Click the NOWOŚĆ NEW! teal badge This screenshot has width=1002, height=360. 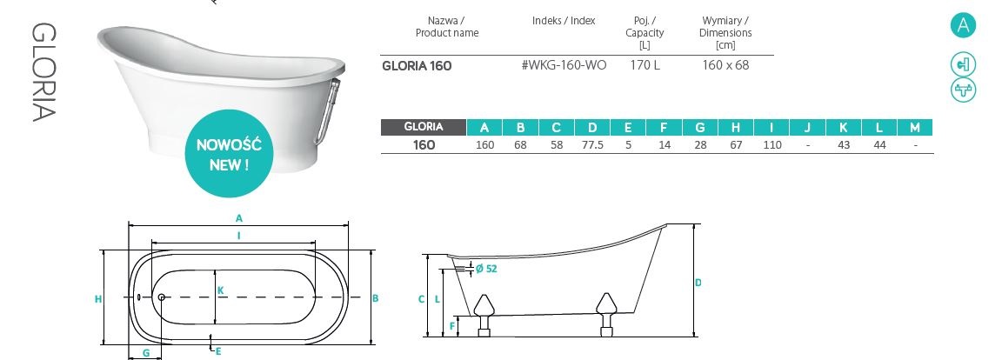coord(228,154)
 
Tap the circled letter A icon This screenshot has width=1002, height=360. coord(963,25)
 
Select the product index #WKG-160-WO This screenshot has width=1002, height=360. coord(564,65)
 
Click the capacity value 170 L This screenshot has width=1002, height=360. coord(645,65)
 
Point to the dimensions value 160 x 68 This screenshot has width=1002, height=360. coord(725,65)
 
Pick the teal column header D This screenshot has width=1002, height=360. coord(592,127)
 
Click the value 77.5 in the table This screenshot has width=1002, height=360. coord(592,145)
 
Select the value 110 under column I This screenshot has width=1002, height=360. coord(772,145)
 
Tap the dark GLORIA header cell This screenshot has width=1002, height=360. coord(423,127)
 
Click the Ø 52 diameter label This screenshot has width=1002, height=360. coord(486,269)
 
